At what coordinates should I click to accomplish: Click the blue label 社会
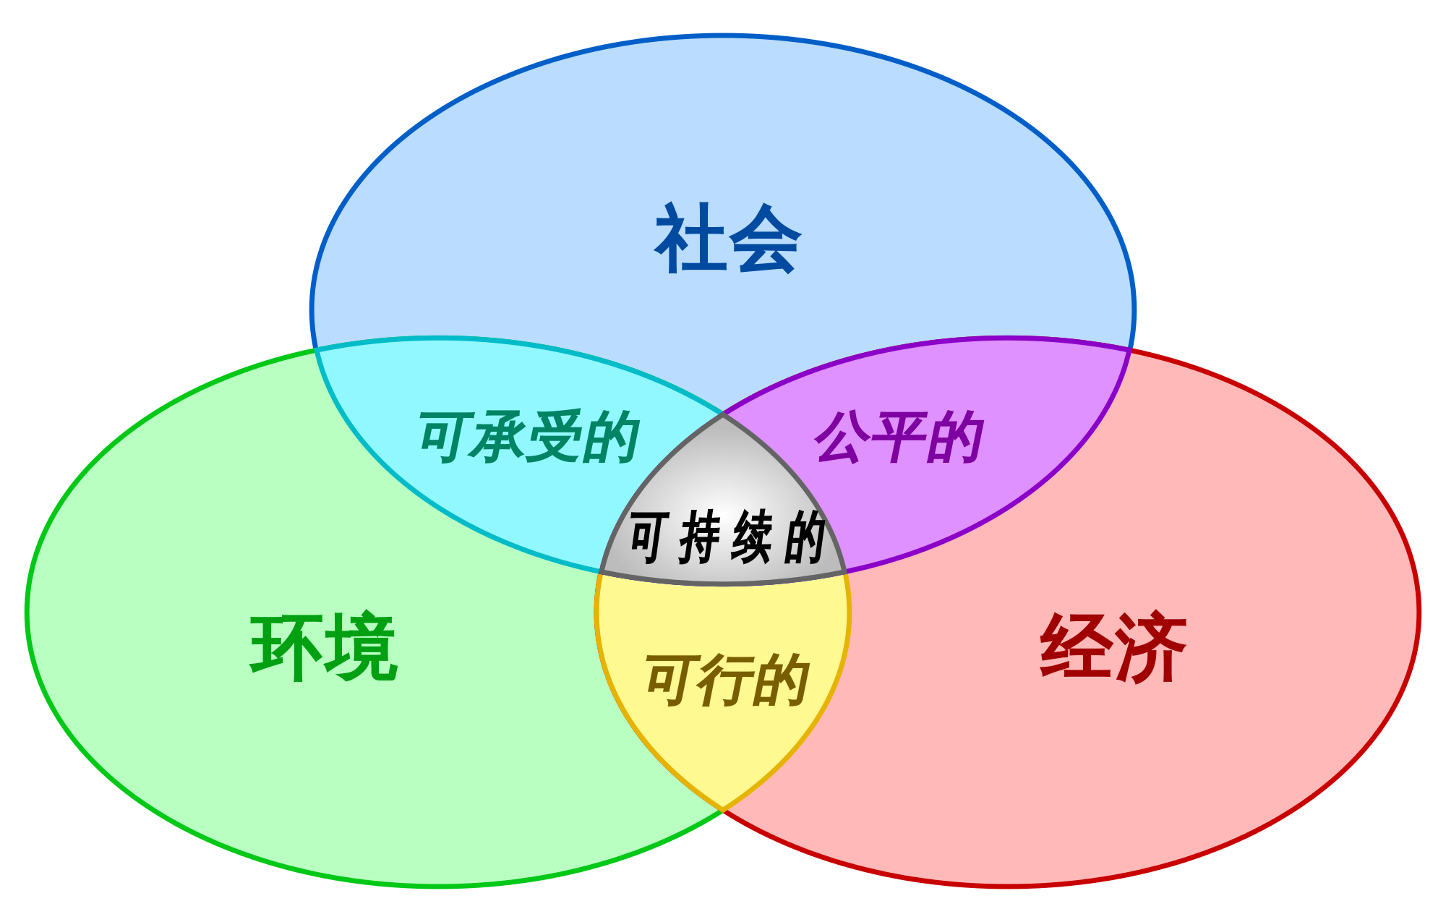pos(727,239)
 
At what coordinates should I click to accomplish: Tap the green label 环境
pos(324,647)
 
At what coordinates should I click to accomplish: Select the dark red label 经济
pos(1113,647)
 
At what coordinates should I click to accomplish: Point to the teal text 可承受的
pos(529,437)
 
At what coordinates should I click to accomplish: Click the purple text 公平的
pos(899,437)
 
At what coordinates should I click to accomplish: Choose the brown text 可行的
pos(727,680)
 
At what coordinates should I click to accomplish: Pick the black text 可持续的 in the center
pos(727,537)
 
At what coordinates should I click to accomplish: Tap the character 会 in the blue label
pos(765,239)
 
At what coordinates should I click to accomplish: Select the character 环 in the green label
pos(286,647)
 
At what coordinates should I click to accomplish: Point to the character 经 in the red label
pos(1076,647)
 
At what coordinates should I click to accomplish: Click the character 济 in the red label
pos(1151,647)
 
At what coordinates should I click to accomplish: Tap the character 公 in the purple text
pos(843,437)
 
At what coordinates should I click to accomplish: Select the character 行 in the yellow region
pos(727,680)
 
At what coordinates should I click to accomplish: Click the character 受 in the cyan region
pos(555,437)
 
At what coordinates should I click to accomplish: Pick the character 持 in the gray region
pos(702,537)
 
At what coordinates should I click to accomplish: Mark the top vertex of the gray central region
pos(723,414)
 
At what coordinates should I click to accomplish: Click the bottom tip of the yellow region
pos(723,810)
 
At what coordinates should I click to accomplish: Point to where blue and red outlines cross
pos(1130,349)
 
